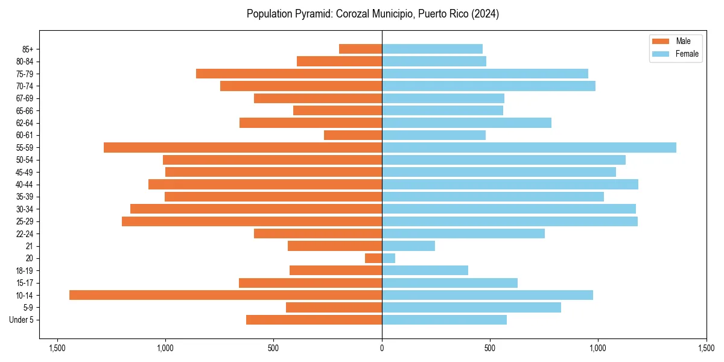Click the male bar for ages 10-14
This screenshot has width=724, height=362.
pos(226,295)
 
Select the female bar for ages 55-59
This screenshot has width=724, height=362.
pos(529,148)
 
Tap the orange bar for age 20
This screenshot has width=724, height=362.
pos(373,258)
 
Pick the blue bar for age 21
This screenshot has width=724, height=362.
pos(408,246)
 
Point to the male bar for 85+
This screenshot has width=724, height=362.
pos(360,49)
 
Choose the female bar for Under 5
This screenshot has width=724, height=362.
pos(444,320)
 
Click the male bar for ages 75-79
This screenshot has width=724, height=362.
pos(289,74)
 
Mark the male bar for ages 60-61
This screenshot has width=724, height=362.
pos(353,135)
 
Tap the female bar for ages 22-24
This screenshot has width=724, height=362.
pos(463,233)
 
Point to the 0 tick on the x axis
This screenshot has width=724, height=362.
pos(382,348)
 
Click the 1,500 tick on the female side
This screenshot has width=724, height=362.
pos(706,348)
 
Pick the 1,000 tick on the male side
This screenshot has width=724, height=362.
pos(165,348)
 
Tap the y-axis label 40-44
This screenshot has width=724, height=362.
pos(24,185)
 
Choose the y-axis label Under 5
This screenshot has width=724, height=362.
pos(22,320)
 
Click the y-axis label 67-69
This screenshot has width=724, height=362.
pos(24,98)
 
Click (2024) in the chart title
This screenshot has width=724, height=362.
pos(485,14)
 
